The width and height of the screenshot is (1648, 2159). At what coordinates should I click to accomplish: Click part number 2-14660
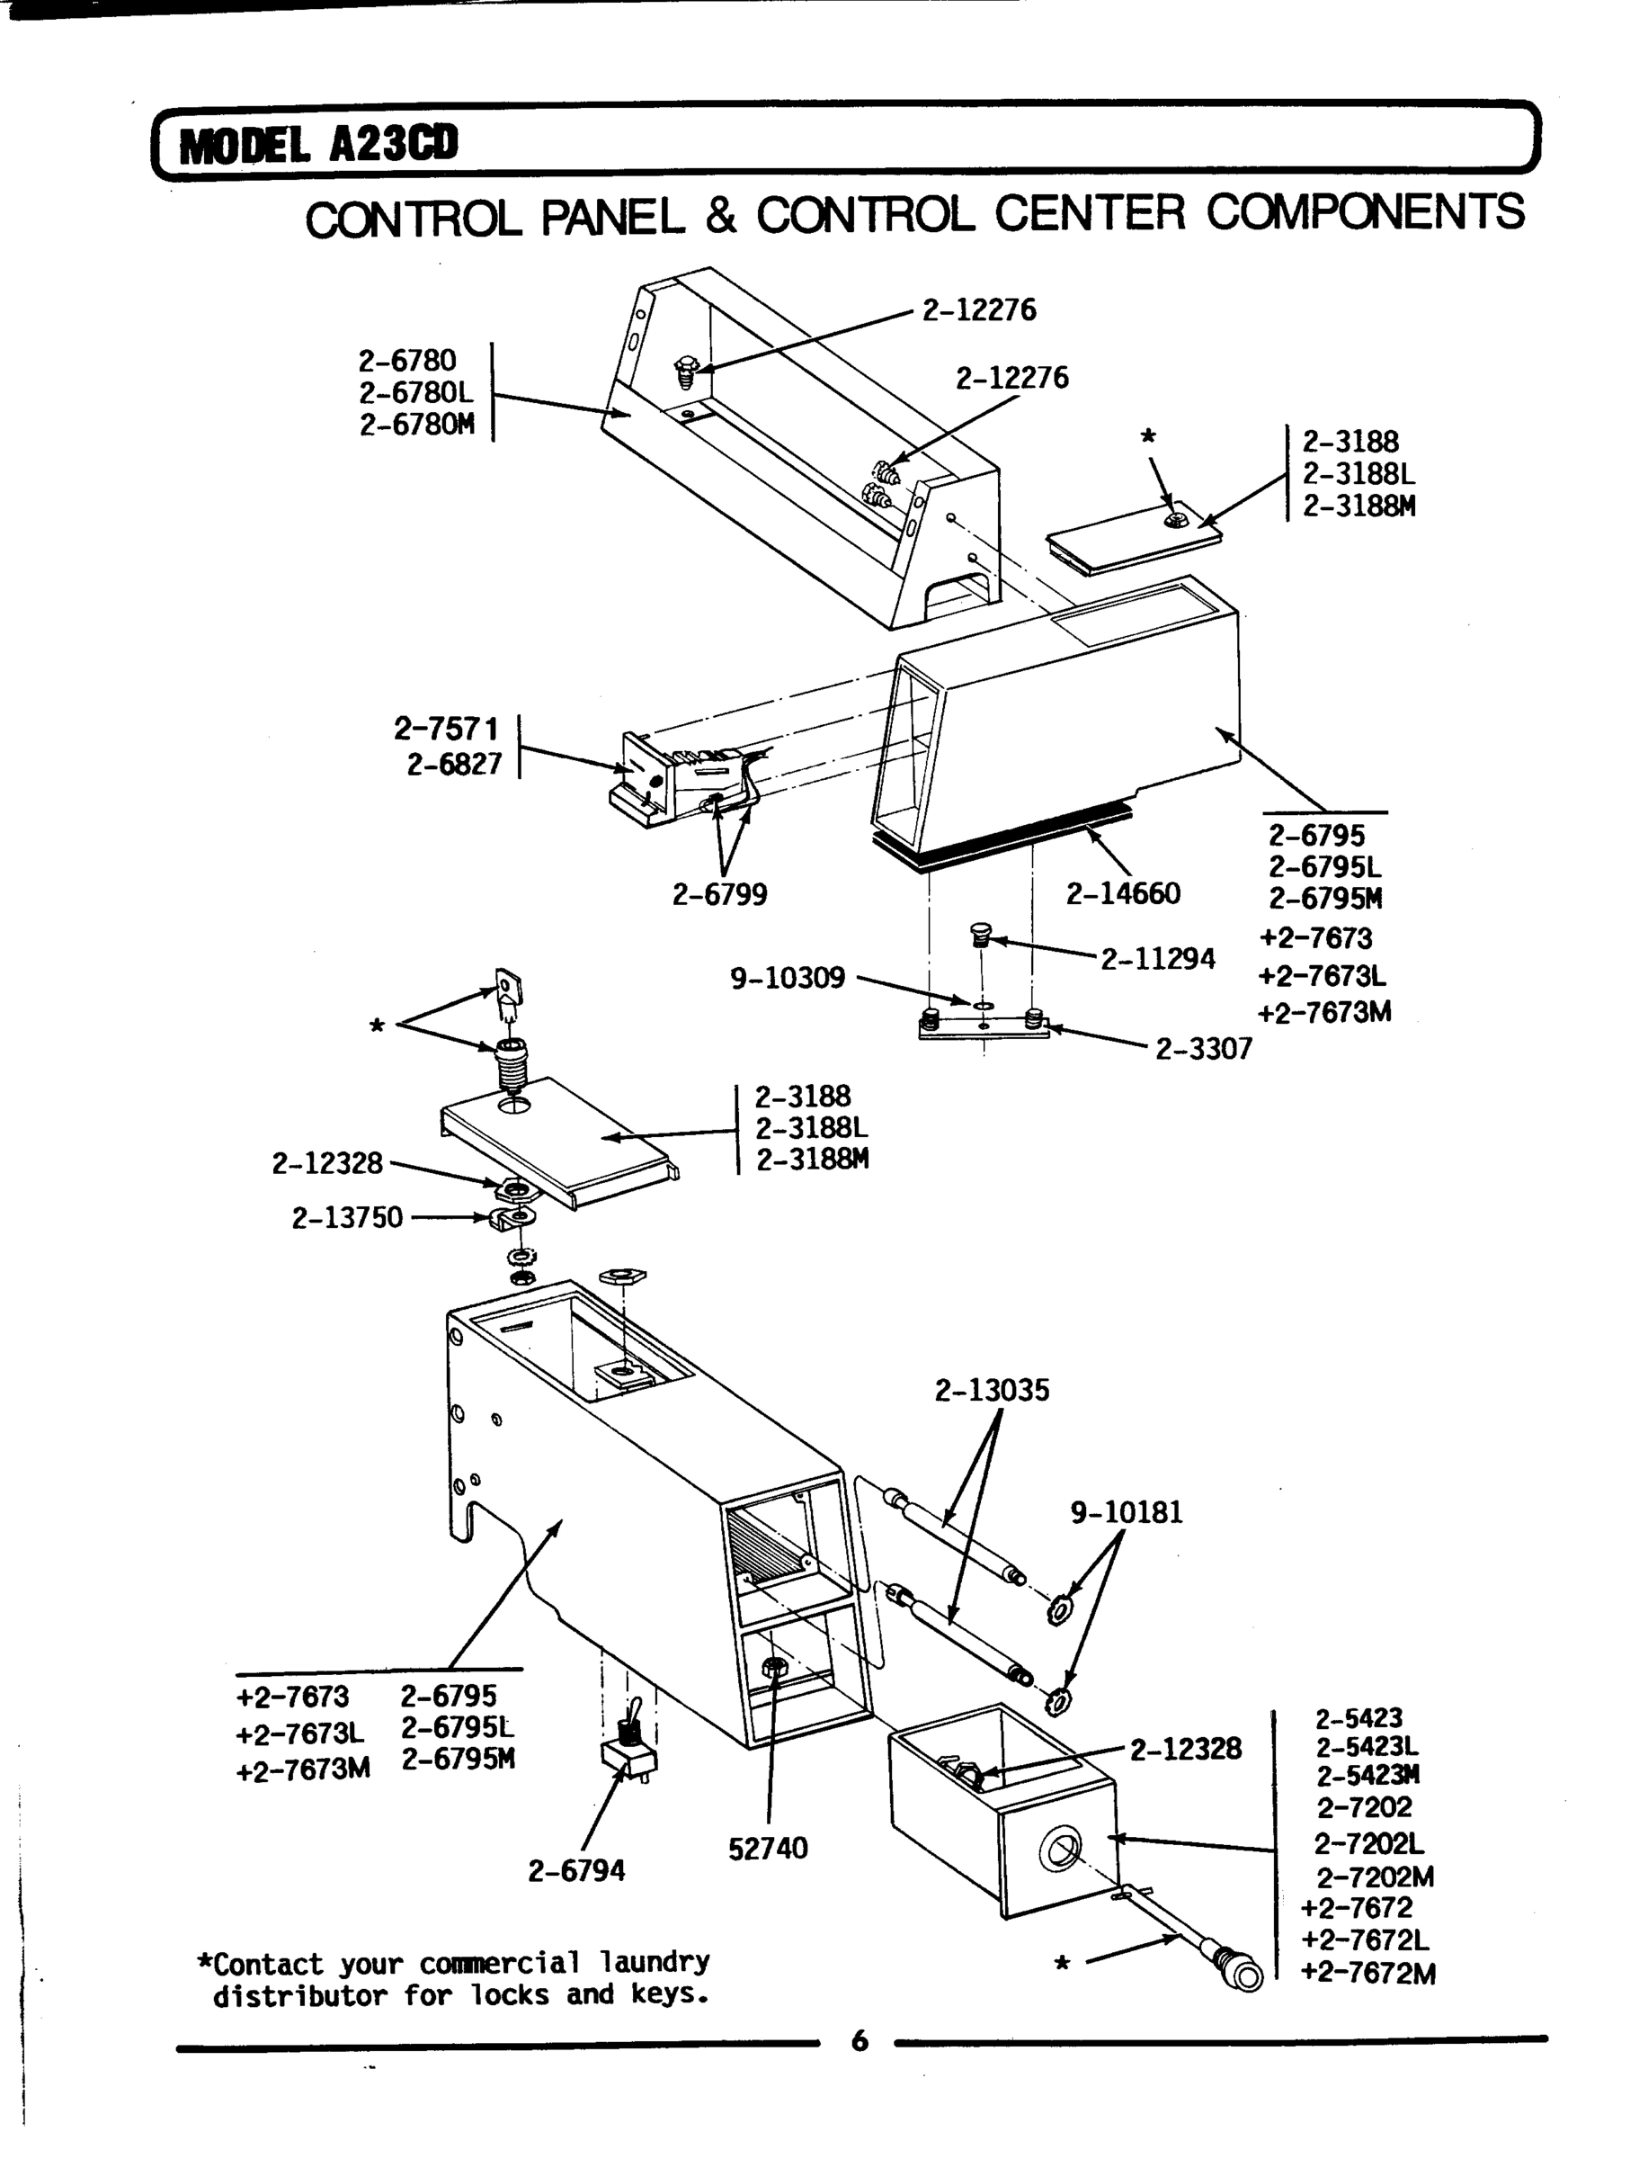click(1123, 894)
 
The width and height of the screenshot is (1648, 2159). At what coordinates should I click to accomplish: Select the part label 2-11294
click(1157, 959)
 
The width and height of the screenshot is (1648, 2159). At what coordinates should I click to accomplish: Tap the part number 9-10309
click(787, 979)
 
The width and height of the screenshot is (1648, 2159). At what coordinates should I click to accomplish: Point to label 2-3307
click(1204, 1049)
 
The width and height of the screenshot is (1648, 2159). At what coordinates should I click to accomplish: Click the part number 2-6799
click(719, 895)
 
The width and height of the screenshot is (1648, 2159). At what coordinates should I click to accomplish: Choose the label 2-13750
click(347, 1218)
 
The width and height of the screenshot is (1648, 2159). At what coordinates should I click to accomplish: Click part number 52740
click(767, 1849)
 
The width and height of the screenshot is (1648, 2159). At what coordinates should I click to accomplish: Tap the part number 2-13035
click(992, 1391)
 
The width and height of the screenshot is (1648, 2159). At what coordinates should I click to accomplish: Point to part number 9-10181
click(1127, 1512)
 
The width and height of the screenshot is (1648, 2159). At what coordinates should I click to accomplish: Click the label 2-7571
click(446, 730)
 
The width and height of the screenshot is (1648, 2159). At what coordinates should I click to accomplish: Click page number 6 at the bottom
click(860, 2041)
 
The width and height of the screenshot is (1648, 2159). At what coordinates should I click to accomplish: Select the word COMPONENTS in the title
click(1365, 213)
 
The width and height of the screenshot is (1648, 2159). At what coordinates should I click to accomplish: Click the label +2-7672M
click(1367, 1973)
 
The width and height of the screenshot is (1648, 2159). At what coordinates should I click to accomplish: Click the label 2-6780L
click(415, 393)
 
